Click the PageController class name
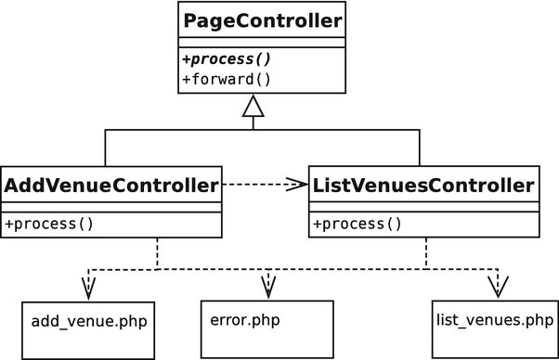coord(253,19)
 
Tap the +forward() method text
coord(227,79)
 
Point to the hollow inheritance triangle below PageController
coord(253,109)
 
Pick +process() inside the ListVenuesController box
coord(357,224)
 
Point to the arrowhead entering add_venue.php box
coord(88,289)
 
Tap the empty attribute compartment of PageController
coord(253,43)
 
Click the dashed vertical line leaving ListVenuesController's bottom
coord(426,253)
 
